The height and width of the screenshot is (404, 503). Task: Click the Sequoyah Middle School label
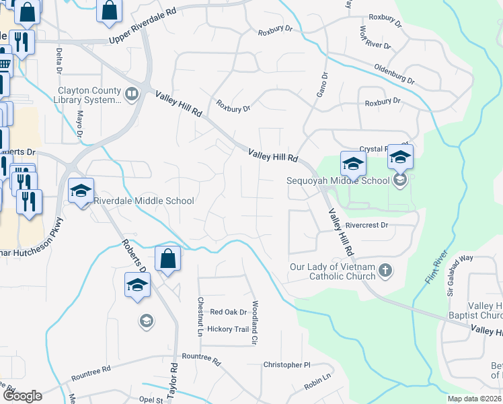pos(338,180)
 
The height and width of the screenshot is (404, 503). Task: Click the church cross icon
pos(385,271)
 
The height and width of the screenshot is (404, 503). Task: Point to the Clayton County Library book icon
pos(132,94)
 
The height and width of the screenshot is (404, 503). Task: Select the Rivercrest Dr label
pos(366,226)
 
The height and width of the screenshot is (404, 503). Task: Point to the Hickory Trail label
pos(228,329)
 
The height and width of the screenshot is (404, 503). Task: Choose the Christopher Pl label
pos(286,365)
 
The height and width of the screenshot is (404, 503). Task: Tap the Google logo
pos(22,396)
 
